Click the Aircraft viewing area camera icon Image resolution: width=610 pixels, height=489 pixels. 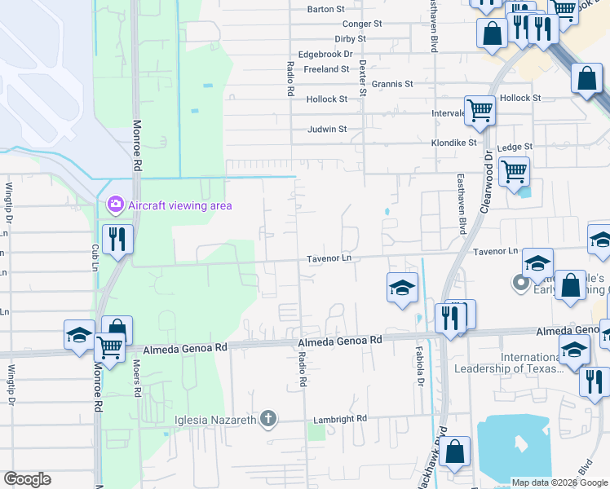(115, 204)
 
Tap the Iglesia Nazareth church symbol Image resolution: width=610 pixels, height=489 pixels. (268, 420)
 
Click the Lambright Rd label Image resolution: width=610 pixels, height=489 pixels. (339, 418)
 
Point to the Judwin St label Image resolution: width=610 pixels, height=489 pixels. (327, 129)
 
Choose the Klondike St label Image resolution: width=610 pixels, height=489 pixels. (453, 142)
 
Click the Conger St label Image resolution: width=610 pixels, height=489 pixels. (362, 24)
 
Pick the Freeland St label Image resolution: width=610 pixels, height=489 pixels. (326, 69)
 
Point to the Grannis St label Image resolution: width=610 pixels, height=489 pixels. (392, 84)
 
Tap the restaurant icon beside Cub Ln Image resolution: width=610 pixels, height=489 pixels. (117, 238)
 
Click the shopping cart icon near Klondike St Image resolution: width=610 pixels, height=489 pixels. (514, 171)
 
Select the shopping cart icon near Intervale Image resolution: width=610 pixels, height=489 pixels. (480, 109)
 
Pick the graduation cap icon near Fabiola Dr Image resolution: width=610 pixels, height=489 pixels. (402, 287)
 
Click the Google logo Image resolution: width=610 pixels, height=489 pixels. (27, 479)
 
